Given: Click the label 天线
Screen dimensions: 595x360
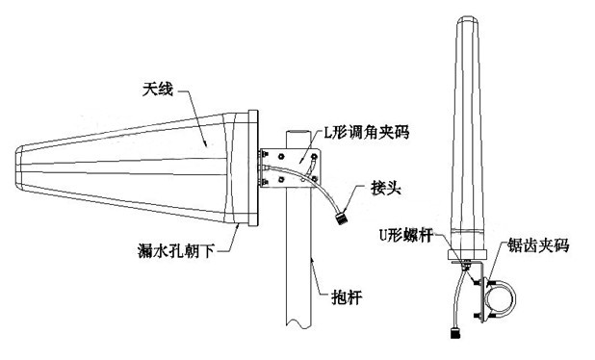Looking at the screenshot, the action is tap(158, 90).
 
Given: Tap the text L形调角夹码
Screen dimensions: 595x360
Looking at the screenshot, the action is tap(366, 133).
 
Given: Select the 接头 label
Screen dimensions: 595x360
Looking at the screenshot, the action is tap(385, 188).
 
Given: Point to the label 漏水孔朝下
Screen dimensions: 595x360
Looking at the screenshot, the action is tap(176, 251).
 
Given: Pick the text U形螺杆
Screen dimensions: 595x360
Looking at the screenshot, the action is tap(406, 235).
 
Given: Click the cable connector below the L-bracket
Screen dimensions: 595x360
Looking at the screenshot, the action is tap(342, 219).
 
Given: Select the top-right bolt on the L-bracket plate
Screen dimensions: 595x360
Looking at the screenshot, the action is tap(314, 156).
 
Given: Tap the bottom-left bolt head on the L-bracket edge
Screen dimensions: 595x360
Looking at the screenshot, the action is tap(264, 183).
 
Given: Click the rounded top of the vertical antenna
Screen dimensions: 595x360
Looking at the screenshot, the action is tap(467, 19).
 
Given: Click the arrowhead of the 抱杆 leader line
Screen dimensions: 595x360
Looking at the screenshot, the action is tap(312, 261).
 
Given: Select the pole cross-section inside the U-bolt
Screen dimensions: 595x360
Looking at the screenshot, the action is tap(500, 299).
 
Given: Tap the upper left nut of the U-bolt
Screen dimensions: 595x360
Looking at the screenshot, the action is tap(475, 282).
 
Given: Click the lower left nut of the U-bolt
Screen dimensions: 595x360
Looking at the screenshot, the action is tap(476, 316).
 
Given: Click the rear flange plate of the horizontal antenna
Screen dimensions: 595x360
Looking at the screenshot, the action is tap(253, 168).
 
